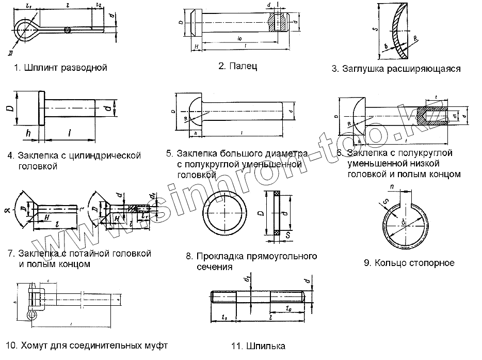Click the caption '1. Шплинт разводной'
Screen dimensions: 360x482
(60, 68)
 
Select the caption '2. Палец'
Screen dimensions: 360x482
(237, 66)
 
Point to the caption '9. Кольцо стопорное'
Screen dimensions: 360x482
(409, 263)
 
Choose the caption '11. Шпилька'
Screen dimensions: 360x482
(259, 346)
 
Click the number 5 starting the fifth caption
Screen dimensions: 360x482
(169, 154)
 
